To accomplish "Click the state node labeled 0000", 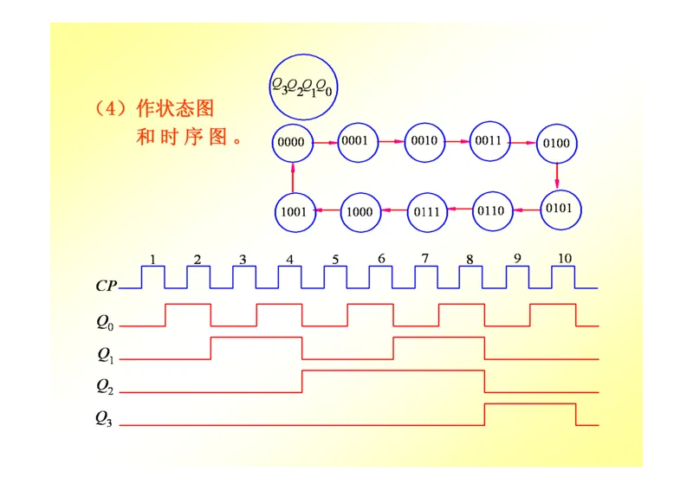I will click(292, 142).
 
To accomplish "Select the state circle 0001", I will click(359, 140).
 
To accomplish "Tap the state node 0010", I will click(424, 140).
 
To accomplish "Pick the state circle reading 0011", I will click(490, 140).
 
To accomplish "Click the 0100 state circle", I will click(556, 143).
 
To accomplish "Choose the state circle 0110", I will click(492, 210).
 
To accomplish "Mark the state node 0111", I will click(427, 211).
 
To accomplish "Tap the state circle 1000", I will click(359, 211).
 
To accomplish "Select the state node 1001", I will click(295, 212).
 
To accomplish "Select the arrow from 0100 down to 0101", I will click(557, 176).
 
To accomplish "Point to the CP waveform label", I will click(107, 285).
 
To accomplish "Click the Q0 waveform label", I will click(105, 322).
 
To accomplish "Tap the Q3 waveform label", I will click(104, 418).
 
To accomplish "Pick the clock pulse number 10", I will click(564, 259).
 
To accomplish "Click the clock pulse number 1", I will click(152, 259).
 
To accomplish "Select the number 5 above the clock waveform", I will click(334, 259).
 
